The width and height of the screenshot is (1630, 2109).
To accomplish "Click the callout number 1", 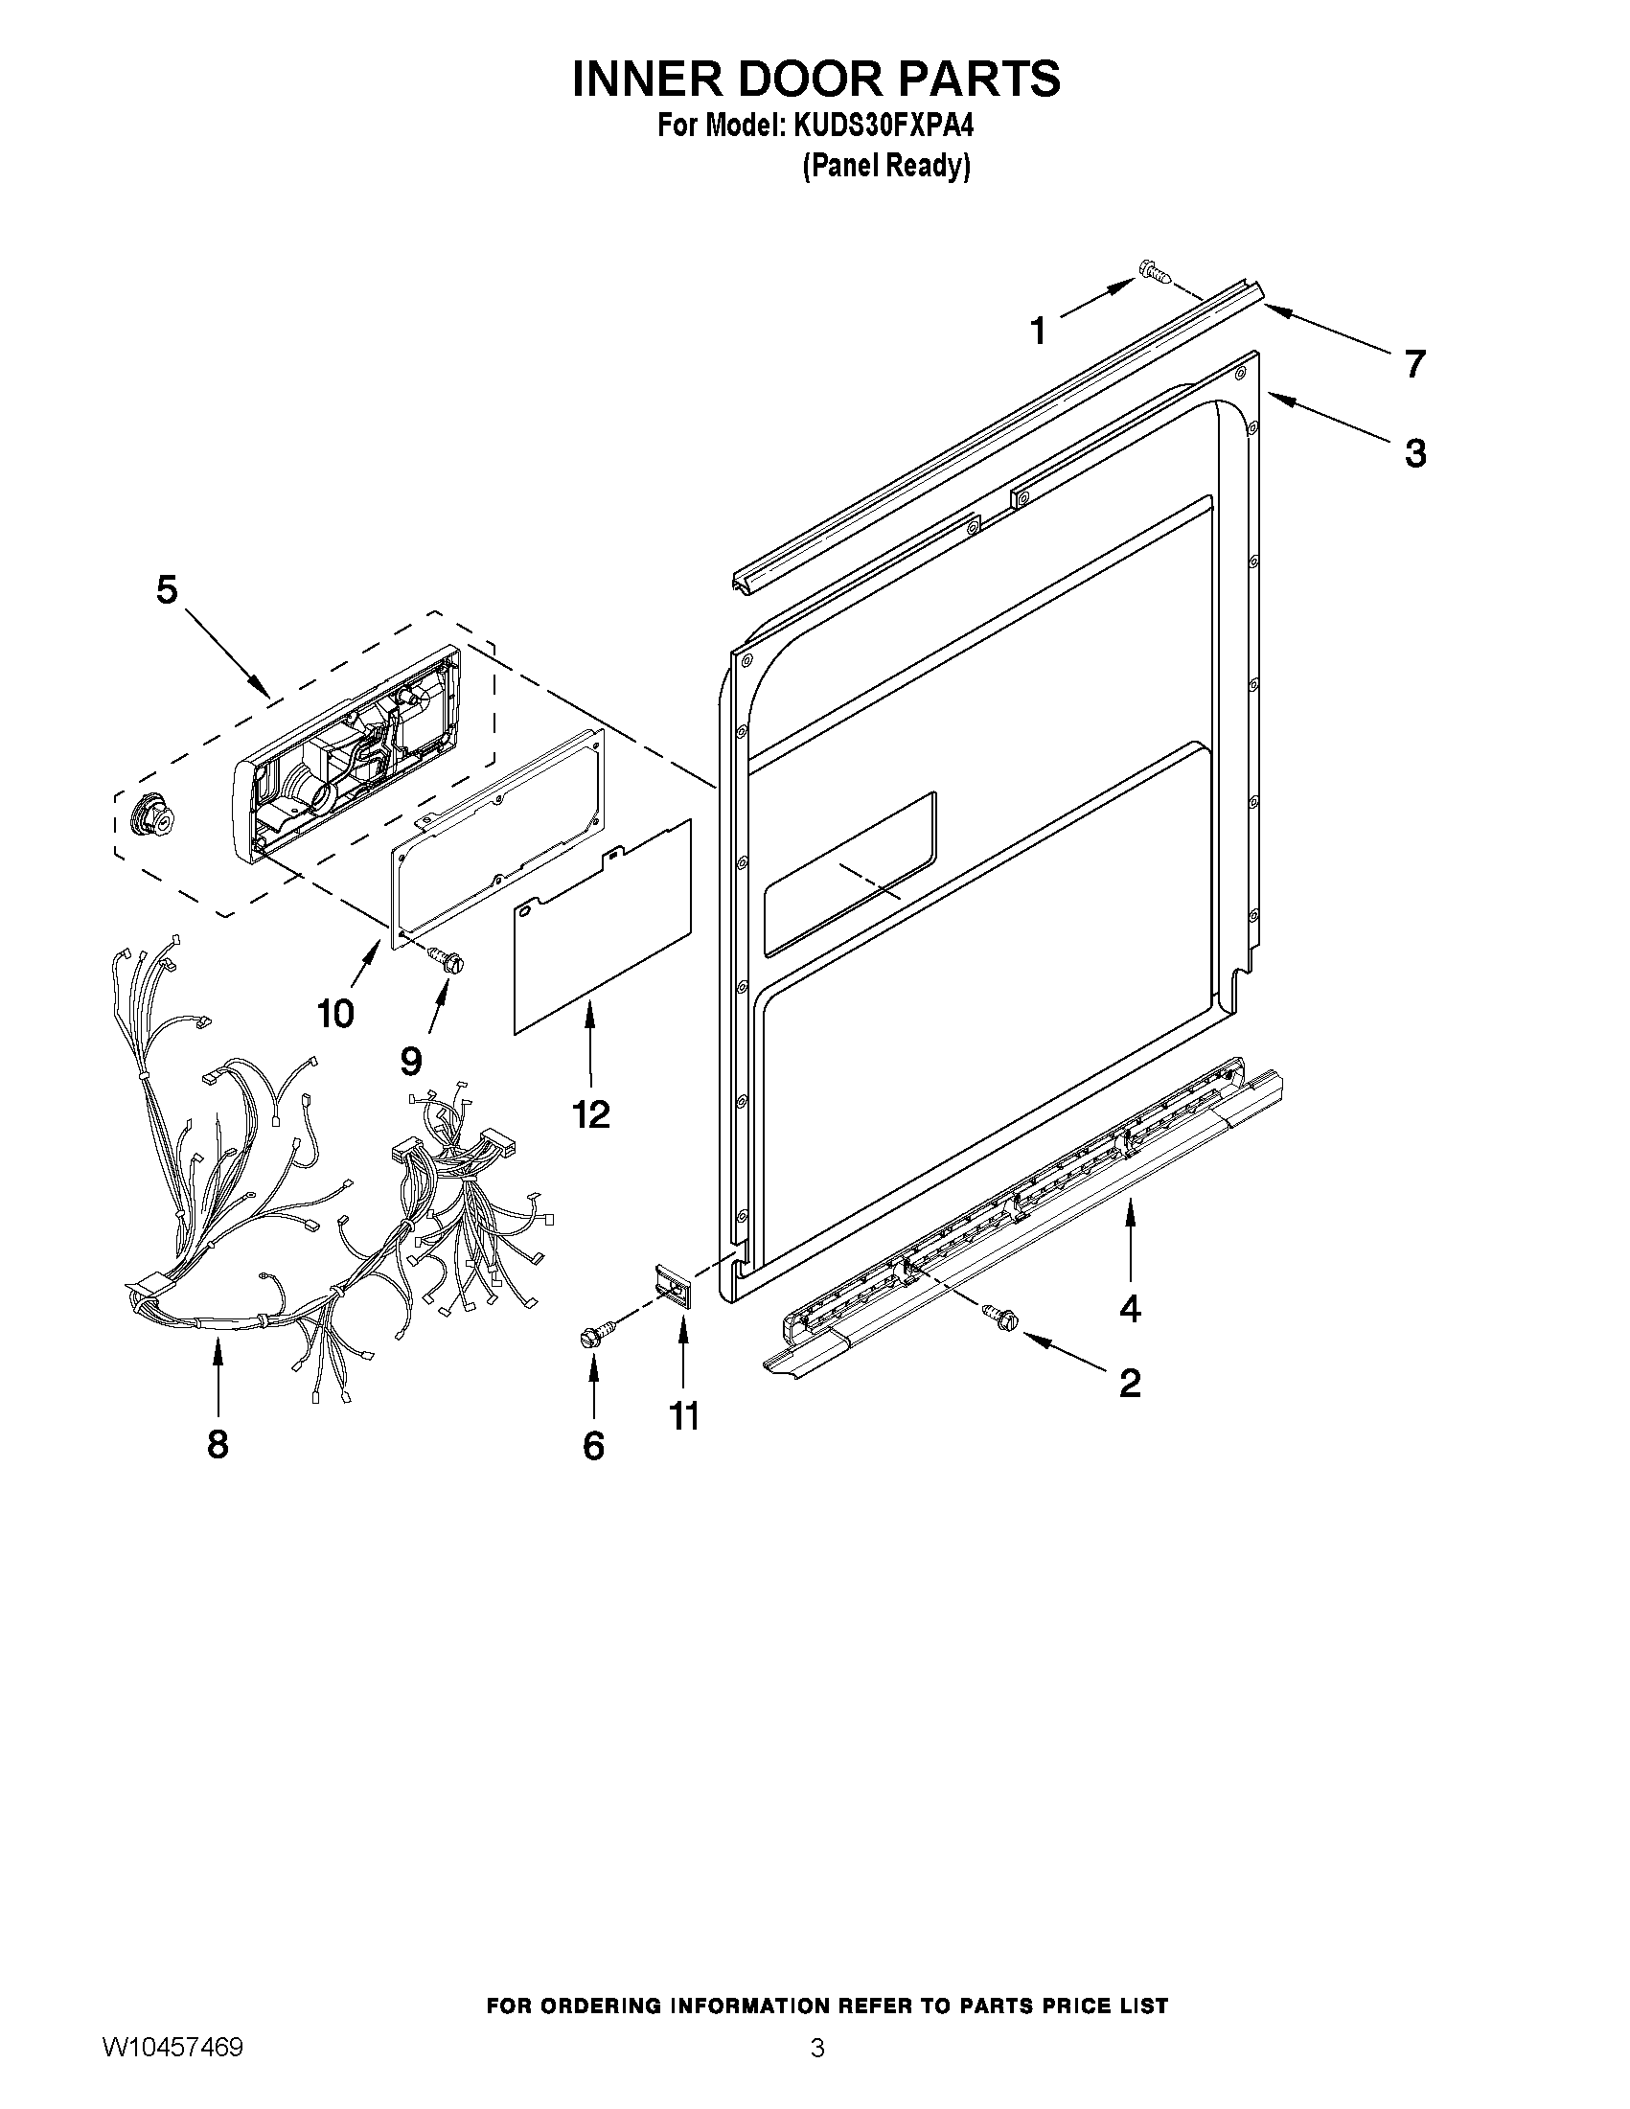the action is pos(1038,332).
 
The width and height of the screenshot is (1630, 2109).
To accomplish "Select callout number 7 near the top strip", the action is pos(1413,365).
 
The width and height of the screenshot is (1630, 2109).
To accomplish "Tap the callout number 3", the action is pos(1414,453).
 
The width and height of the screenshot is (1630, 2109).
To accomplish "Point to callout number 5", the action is pos(167,589).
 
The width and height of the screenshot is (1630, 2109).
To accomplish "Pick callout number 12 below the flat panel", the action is pos(591,1114).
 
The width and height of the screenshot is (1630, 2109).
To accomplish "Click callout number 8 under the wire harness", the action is pos(218,1444).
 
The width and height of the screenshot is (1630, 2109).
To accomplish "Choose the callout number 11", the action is pos(683,1415).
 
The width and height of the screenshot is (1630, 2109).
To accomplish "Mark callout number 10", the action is pos(335,1014).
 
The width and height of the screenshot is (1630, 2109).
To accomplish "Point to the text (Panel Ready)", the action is pos(885,166).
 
